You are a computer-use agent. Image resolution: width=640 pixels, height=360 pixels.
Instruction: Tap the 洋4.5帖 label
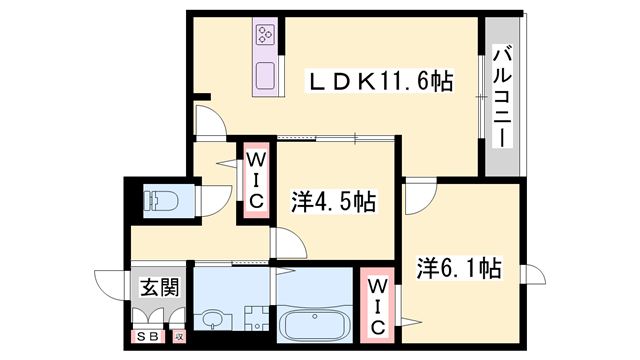click(x=334, y=203)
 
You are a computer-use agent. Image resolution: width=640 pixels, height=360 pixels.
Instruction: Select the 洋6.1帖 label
click(x=459, y=268)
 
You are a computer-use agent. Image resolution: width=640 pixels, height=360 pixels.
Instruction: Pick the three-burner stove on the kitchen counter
click(x=267, y=36)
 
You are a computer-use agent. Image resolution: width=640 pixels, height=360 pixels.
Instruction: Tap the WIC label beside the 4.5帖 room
click(x=255, y=180)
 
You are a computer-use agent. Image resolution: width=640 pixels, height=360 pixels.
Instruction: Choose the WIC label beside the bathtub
click(x=378, y=306)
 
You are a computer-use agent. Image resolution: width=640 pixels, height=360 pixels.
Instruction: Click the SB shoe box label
click(x=147, y=337)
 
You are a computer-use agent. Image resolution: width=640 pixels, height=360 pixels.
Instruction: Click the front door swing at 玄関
click(x=111, y=284)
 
